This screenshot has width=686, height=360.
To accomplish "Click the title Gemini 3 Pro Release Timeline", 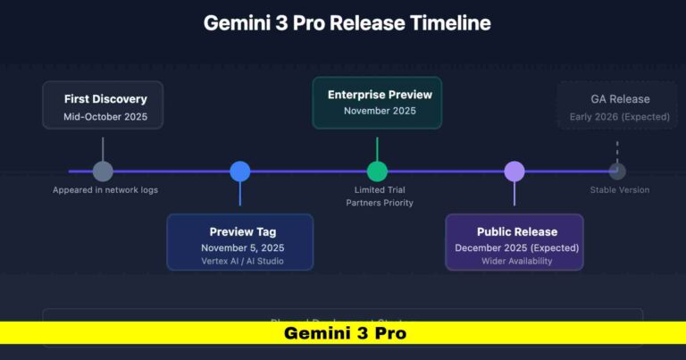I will coord(347,23).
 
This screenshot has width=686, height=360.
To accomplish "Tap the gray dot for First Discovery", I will coord(103,172).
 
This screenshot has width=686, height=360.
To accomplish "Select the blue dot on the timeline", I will coord(239,172).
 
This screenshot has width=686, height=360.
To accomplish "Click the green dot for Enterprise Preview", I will coord(377,172).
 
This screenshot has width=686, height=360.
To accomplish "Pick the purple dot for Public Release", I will coord(514,172).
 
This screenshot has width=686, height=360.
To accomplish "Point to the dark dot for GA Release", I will coord(616,172).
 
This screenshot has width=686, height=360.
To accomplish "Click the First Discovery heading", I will coord(105,98).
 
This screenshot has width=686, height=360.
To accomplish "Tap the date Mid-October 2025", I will coord(105,117).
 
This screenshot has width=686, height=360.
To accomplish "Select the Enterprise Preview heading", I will coord(379,94).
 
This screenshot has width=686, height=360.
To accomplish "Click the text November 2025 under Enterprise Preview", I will coord(380,112).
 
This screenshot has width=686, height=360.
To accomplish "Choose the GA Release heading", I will coord(620,98).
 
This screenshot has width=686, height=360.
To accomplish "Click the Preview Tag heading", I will coord(242,230).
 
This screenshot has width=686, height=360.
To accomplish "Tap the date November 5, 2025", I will coord(242,247).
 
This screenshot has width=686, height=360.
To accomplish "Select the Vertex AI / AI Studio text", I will coord(242,261).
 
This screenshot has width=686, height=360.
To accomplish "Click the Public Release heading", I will coord(516,231).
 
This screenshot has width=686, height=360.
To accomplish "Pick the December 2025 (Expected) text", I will coord(516,247).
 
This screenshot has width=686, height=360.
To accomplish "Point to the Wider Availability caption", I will coord(516,261).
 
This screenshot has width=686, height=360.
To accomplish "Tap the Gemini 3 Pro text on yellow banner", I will coord(345,333).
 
